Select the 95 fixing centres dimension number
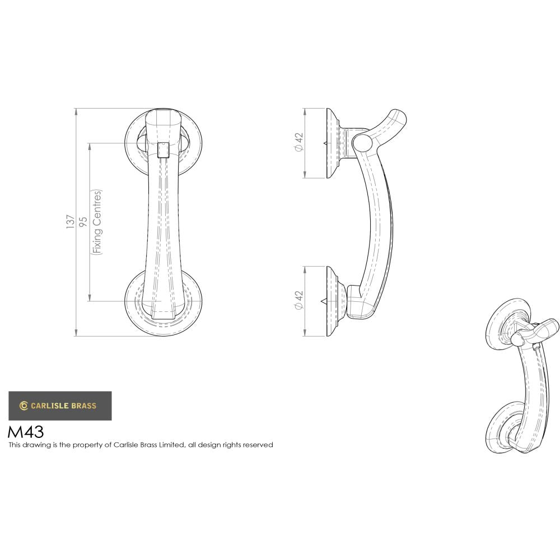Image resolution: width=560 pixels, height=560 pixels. pos(83,222)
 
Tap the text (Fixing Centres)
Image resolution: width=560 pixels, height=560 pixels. pos(97,222)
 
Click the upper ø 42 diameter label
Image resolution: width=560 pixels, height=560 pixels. pos(298,142)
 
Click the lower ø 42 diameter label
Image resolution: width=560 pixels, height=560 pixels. pos(298,300)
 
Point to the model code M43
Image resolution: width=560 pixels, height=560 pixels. pos(25,432)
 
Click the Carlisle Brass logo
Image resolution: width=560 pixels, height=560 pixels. pos(59,405)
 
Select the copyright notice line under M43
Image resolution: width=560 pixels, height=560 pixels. pos(141,445)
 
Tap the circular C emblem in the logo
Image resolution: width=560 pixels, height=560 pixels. pos(24,406)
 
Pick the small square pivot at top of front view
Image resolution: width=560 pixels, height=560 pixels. pos(163,150)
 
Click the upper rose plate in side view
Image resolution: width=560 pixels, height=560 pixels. pos(334,143)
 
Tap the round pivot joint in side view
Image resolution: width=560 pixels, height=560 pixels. pos(362,142)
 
